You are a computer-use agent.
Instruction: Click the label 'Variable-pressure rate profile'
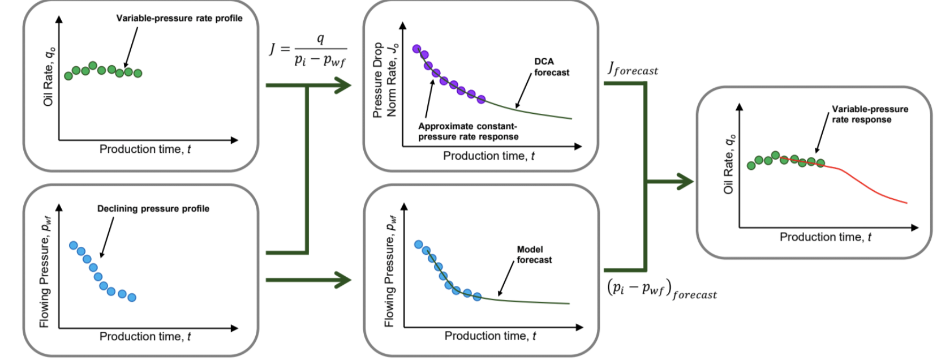tap(179, 18)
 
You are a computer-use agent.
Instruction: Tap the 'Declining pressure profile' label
tap(153, 208)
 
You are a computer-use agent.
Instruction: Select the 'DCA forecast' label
tap(551, 67)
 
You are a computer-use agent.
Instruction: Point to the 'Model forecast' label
tap(534, 254)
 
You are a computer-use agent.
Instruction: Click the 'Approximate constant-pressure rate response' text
tap(468, 131)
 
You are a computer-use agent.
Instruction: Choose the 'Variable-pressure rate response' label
tap(869, 114)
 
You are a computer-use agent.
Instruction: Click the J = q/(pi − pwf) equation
tap(308, 50)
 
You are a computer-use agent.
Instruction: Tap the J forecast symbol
tap(633, 69)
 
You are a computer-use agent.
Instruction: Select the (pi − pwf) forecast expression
tap(661, 289)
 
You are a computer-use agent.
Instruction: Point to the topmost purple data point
tap(416, 49)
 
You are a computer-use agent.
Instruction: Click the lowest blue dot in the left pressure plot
tap(132, 297)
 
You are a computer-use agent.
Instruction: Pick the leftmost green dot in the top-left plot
tap(68, 76)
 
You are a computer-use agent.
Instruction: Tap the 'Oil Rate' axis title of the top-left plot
tap(49, 76)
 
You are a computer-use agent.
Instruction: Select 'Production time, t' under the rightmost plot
tap(825, 237)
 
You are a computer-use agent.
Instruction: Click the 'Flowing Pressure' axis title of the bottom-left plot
tap(44, 272)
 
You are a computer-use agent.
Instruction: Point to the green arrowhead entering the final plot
tap(685, 182)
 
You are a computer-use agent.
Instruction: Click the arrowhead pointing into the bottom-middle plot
tap(343, 280)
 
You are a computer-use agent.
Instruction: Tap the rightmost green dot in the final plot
tap(820, 163)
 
